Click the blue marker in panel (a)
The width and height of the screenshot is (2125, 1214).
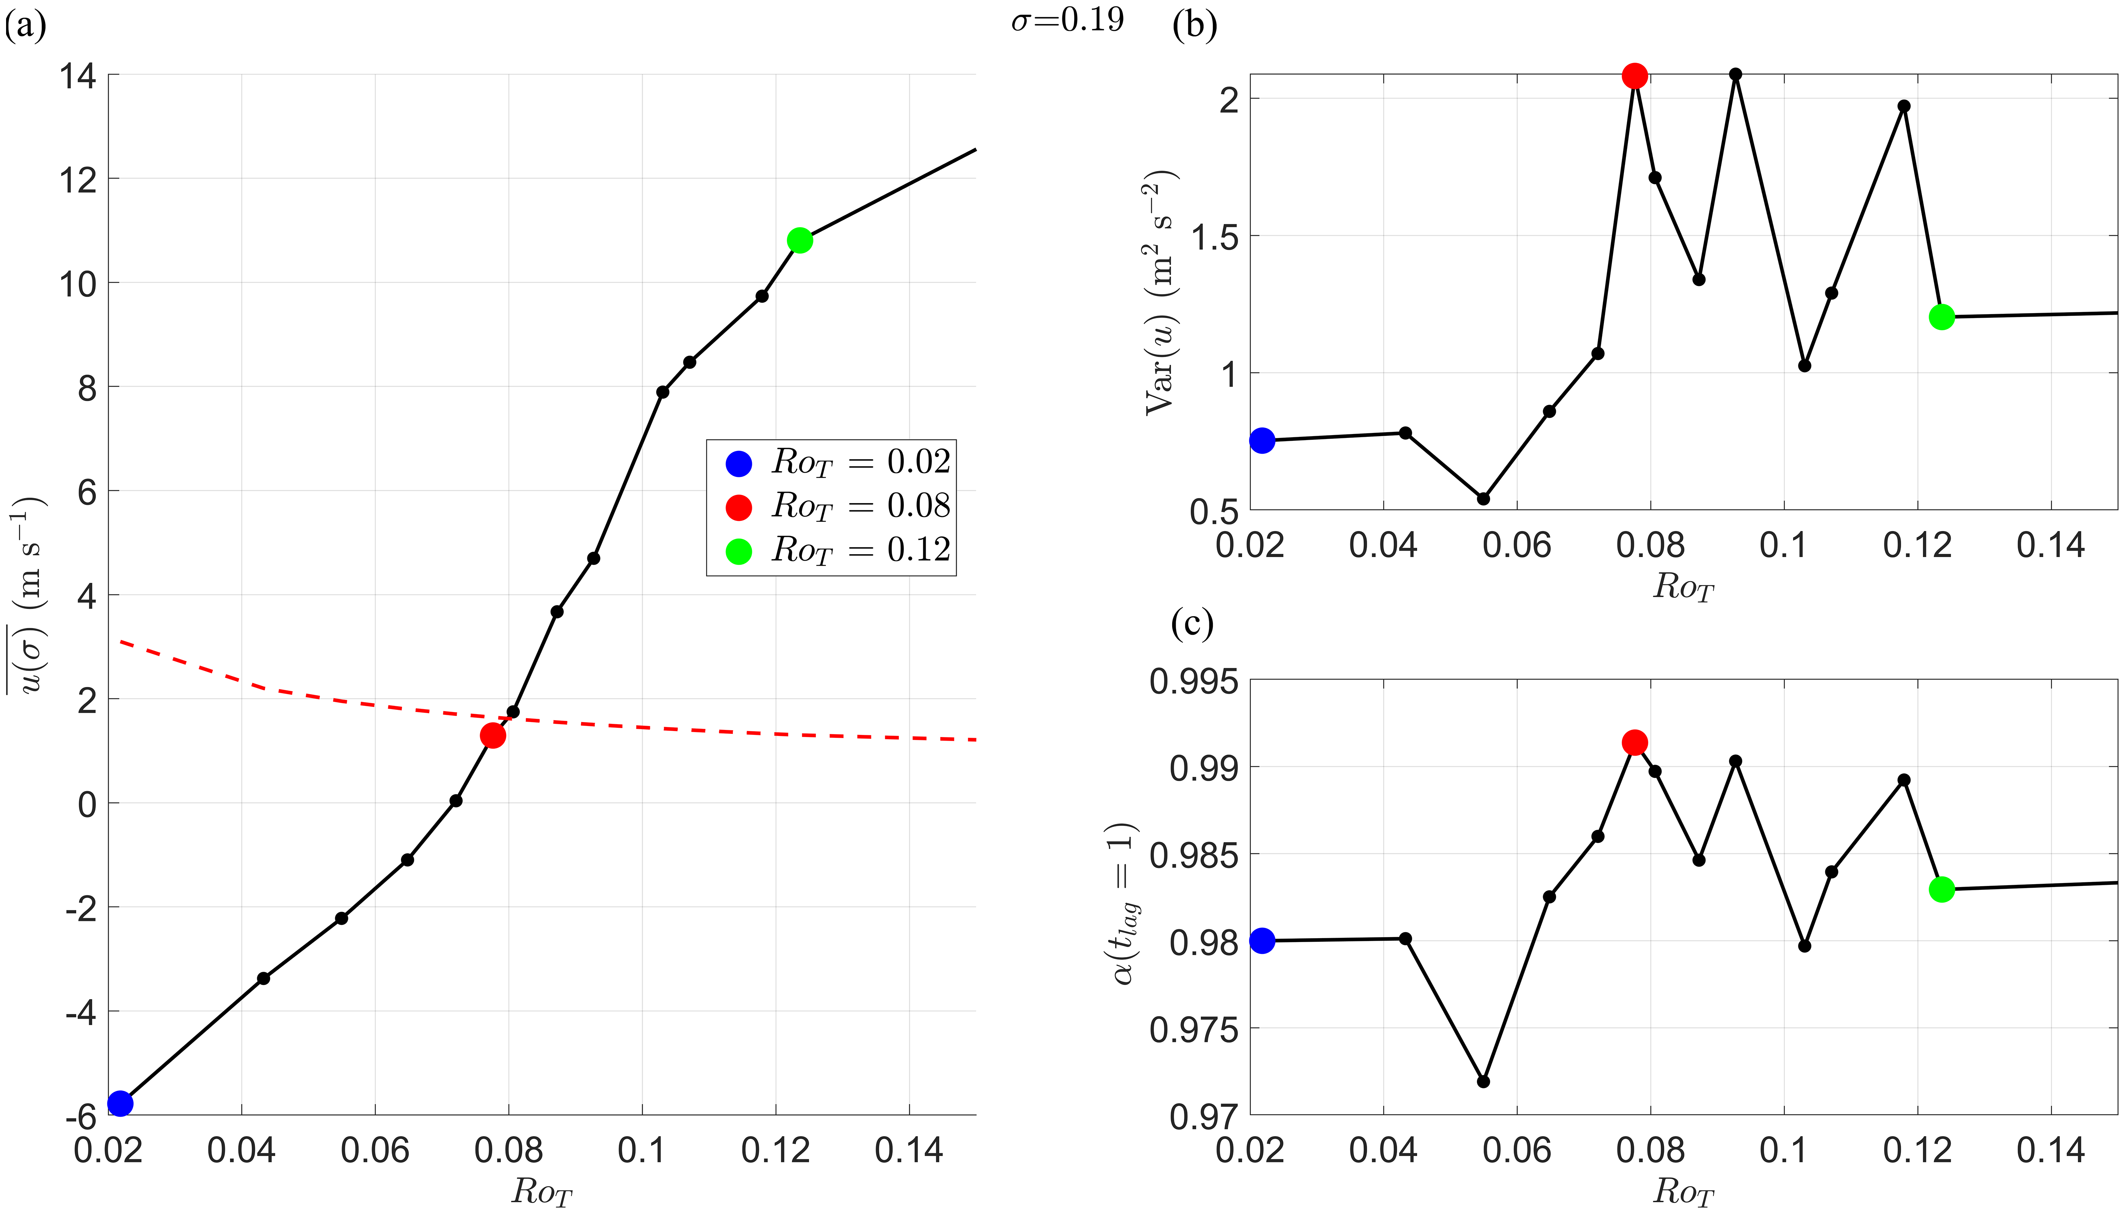pos(120,1103)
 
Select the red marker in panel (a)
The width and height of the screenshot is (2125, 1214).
pos(493,735)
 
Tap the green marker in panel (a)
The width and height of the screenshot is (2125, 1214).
pos(799,241)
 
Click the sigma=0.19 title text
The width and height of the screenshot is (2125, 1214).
pos(1067,20)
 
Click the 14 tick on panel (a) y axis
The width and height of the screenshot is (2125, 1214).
pos(78,76)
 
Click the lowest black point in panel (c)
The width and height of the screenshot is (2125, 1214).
pos(1483,1081)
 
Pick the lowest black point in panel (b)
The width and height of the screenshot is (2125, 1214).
pos(1483,499)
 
